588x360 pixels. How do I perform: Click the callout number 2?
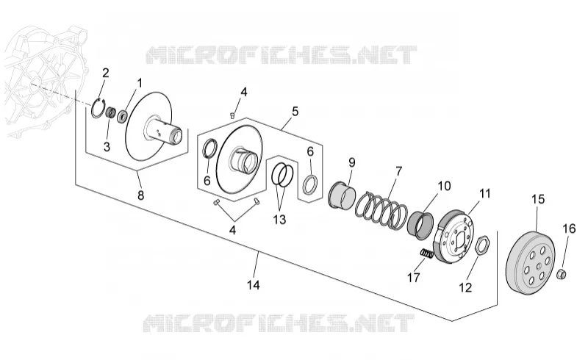[105, 73]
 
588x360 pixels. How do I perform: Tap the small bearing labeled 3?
[110, 112]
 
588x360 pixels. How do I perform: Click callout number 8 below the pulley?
[140, 195]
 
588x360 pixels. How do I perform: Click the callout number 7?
[398, 171]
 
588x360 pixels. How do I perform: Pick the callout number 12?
[465, 287]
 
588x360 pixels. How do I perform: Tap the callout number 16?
[569, 228]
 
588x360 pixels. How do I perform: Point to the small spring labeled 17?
[426, 254]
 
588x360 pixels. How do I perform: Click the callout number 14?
[253, 285]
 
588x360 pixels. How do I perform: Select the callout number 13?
[279, 220]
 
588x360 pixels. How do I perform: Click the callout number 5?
[295, 112]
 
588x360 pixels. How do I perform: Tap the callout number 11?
[484, 193]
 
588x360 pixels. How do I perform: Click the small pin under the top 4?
[232, 115]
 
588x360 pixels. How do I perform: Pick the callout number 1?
[140, 83]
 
